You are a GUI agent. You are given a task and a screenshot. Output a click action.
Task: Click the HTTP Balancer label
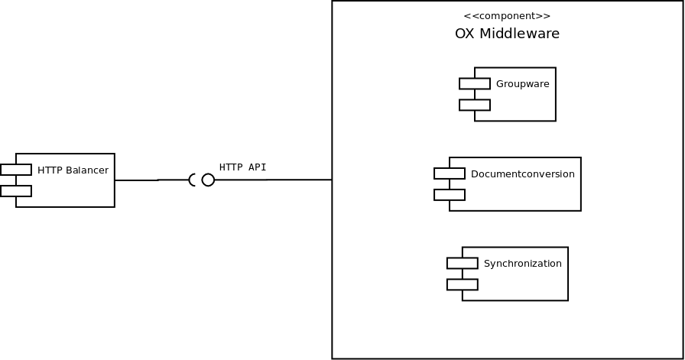coord(73,170)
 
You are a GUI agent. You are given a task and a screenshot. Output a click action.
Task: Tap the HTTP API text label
coord(242,167)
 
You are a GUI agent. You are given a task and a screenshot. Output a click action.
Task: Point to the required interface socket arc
coord(191,180)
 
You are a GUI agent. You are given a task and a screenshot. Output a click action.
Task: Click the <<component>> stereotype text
coord(507,16)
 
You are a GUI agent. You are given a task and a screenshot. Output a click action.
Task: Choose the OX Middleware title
coord(507,33)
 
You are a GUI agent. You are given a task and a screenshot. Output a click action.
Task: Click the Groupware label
coord(522,84)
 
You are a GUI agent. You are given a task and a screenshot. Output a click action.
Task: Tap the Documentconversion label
coord(522,174)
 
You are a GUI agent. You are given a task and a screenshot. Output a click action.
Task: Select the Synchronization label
coord(522,264)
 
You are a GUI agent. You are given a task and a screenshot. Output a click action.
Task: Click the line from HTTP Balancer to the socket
coord(151,180)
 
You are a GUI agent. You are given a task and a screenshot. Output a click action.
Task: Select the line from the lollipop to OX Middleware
coord(273,180)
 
